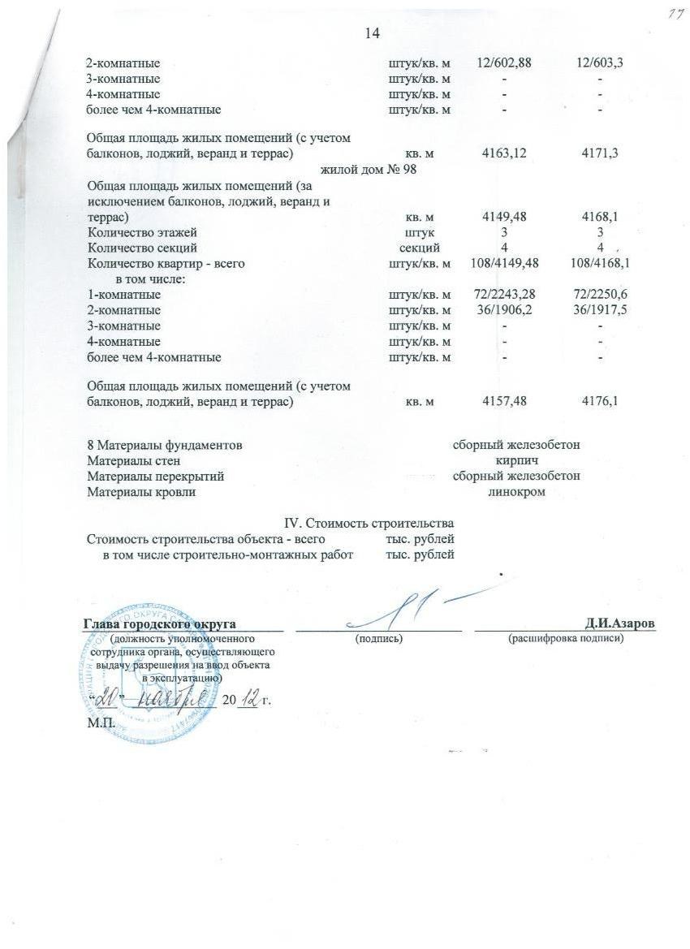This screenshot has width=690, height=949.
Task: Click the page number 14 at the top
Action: point(373,33)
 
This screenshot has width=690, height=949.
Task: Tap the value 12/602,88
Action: point(503,63)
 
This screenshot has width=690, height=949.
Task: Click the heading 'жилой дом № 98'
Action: point(369,170)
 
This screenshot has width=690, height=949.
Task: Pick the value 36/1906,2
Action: point(503,310)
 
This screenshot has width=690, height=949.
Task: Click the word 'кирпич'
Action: point(516,460)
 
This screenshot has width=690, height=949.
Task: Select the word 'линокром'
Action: point(516,492)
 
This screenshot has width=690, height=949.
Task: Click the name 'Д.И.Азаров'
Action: point(620,623)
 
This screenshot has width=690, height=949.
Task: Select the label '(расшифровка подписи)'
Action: point(565,640)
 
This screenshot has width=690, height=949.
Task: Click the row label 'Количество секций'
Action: point(142,248)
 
